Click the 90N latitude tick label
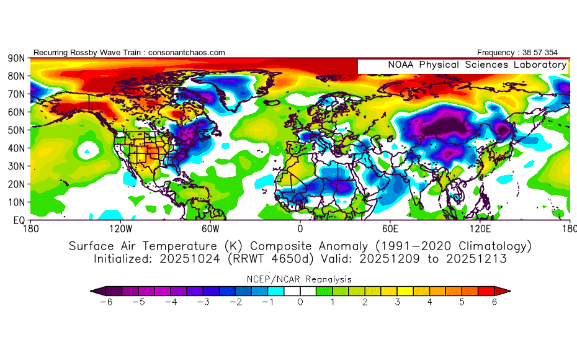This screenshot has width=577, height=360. (16, 58)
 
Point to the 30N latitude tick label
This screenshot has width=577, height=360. (16, 166)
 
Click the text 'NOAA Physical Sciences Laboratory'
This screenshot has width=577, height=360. (477, 65)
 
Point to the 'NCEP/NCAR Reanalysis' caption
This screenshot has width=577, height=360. (300, 279)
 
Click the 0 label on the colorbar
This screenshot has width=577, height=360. (300, 302)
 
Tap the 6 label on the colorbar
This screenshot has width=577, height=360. (494, 302)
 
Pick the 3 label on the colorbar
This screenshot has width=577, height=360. (398, 302)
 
